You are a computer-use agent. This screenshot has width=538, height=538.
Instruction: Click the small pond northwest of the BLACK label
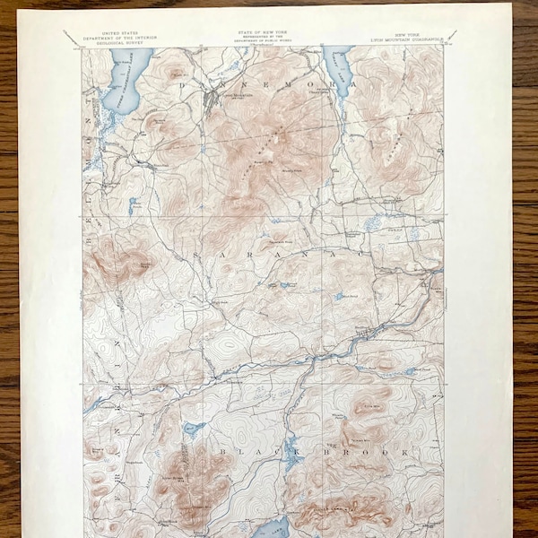[x=191, y=429]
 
